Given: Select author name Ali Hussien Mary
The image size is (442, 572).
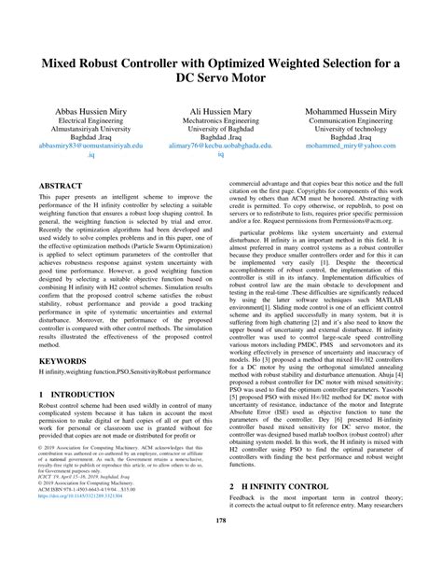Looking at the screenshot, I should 221,108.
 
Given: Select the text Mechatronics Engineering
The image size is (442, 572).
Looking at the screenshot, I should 221,120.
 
